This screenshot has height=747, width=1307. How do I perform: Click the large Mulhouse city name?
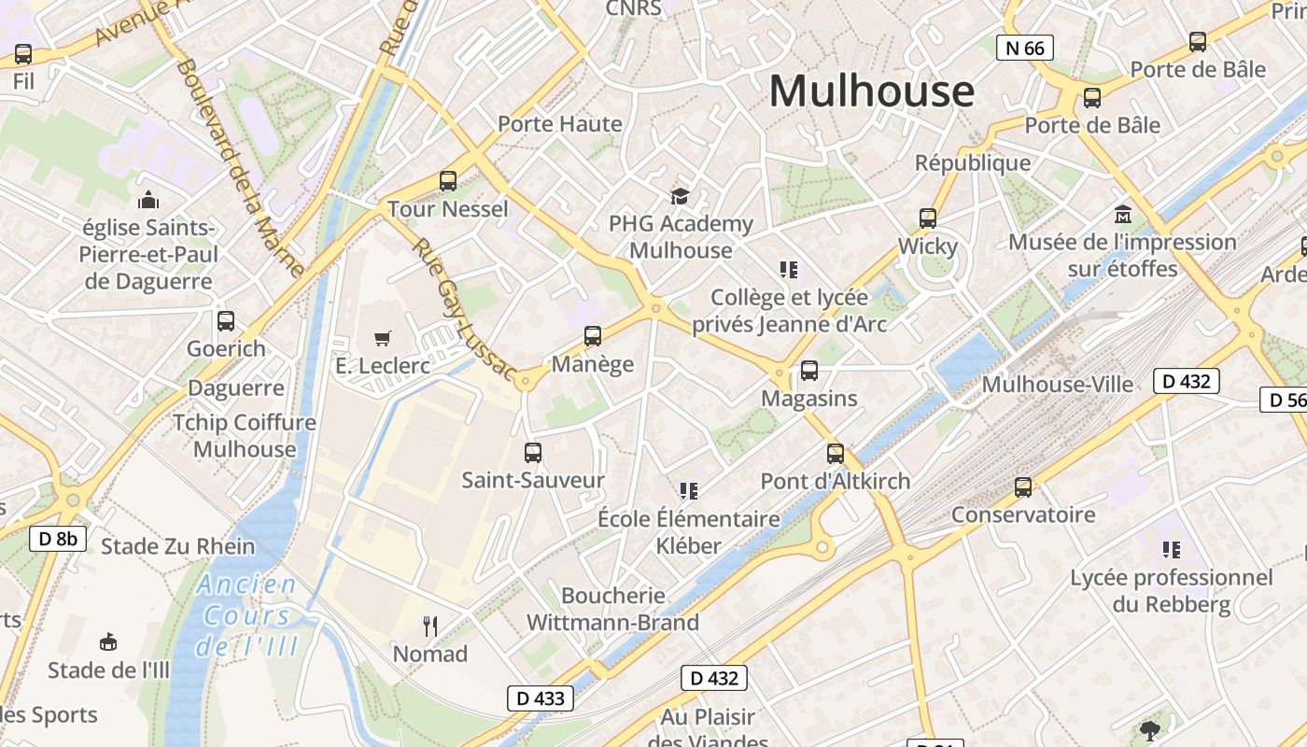(871, 92)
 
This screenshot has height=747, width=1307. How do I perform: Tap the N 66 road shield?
(1024, 48)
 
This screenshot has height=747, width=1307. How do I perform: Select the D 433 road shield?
(540, 698)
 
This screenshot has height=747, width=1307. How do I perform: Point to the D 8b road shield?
(58, 539)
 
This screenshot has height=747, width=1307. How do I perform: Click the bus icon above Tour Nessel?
(448, 181)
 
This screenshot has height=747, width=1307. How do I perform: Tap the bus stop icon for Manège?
(593, 336)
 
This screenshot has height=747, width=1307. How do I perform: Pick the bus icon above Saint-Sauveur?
(533, 453)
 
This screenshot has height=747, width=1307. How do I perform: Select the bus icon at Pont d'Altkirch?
(836, 454)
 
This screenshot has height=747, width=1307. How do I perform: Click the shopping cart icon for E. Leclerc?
(383, 338)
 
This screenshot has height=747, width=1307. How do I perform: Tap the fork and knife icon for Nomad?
(430, 626)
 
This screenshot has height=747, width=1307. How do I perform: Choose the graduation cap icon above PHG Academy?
(680, 196)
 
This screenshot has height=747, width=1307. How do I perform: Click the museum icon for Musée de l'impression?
(1122, 215)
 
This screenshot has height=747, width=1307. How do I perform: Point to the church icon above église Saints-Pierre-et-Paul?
(148, 200)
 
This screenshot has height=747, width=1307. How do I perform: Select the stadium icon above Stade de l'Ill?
(108, 642)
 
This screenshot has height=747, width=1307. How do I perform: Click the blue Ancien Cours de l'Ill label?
(247, 615)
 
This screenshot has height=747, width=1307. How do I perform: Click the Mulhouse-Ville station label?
(1057, 385)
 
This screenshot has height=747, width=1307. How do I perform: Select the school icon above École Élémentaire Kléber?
(689, 490)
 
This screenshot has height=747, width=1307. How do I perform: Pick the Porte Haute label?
(559, 124)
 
